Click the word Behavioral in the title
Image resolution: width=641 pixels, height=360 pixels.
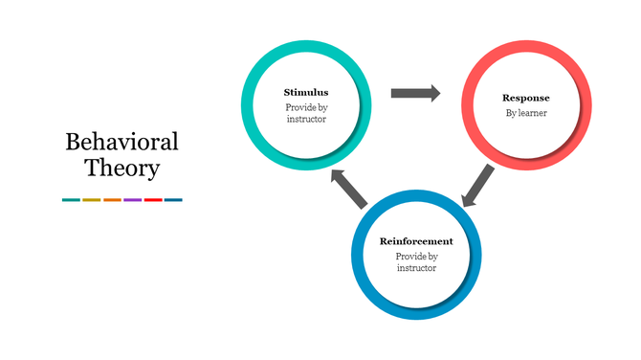coord(122,143)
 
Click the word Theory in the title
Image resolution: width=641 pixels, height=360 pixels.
coord(122,169)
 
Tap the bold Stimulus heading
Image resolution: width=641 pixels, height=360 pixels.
coord(305,92)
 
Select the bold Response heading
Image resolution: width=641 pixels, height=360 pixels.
coord(525,98)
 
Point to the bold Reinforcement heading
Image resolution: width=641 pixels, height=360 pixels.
coord(416,241)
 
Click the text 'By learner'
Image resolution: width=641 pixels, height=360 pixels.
coord(525,113)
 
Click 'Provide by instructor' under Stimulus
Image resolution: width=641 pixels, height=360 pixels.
coord(305,113)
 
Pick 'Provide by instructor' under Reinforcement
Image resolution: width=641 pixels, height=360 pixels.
coord(416,262)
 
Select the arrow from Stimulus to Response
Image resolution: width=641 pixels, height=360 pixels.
coord(415,93)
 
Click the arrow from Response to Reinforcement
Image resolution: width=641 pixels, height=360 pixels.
coord(477,186)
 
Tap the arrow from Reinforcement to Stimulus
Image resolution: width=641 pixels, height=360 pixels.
coord(348,189)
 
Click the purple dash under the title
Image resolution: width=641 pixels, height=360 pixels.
coord(132,200)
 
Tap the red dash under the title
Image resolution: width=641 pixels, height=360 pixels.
coord(153,200)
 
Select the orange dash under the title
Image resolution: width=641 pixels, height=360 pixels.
coord(112,200)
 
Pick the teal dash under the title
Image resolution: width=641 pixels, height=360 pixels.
coord(71,200)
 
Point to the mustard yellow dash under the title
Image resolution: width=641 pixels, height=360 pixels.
coord(91,200)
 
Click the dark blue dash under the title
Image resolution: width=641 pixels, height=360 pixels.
coord(173,200)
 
